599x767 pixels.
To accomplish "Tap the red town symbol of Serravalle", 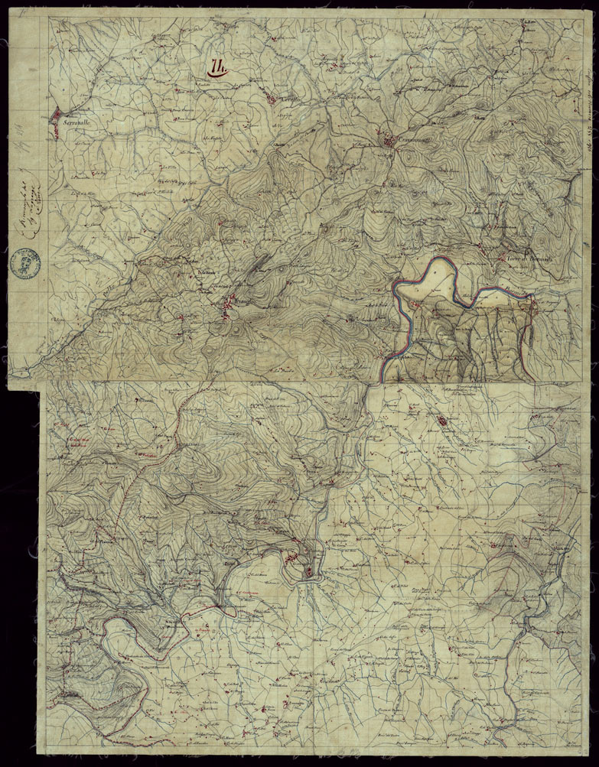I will pos(57,116).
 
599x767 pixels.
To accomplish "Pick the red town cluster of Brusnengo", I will pos(227,308).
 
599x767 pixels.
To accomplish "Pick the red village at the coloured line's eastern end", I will pos(533,304).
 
